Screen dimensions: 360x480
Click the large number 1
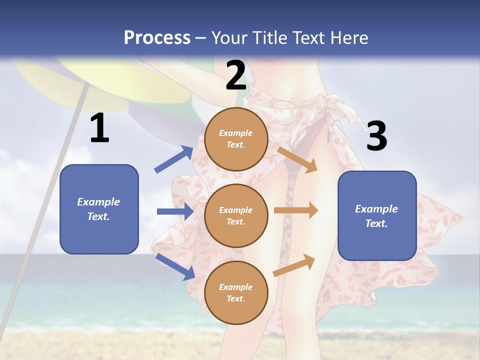pyautogui.click(x=99, y=128)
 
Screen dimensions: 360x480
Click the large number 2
pyautogui.click(x=236, y=75)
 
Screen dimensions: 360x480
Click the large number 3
pyautogui.click(x=376, y=136)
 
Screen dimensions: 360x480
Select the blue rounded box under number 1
pyautogui.click(x=99, y=209)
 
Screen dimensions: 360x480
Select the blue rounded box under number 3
pyautogui.click(x=377, y=215)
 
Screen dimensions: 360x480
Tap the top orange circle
pyautogui.click(x=236, y=139)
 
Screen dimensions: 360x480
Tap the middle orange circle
pyautogui.click(x=236, y=215)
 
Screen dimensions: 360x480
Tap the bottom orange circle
pyautogui.click(x=236, y=292)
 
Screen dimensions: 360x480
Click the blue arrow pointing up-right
pyautogui.click(x=174, y=159)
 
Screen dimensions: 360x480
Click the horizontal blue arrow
pyautogui.click(x=175, y=211)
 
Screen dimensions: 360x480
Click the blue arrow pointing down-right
pyautogui.click(x=175, y=266)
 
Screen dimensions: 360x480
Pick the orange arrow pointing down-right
pyautogui.click(x=297, y=159)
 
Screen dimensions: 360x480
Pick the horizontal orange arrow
pyautogui.click(x=296, y=210)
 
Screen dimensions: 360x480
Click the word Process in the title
pyautogui.click(x=157, y=37)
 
